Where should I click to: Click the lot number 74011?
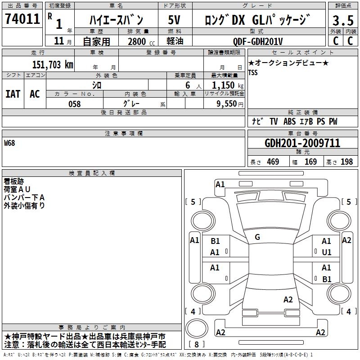[x=22, y=19]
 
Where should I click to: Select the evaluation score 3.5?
[x=343, y=20]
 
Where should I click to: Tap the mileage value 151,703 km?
[x=53, y=65]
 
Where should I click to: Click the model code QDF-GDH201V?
[x=258, y=41]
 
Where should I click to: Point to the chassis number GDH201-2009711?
[x=302, y=143]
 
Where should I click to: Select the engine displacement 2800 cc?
[x=141, y=41]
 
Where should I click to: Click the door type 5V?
[x=174, y=20]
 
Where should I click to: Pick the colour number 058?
[x=75, y=104]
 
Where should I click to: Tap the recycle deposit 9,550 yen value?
[x=230, y=104]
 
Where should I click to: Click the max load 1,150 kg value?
[x=228, y=85]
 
